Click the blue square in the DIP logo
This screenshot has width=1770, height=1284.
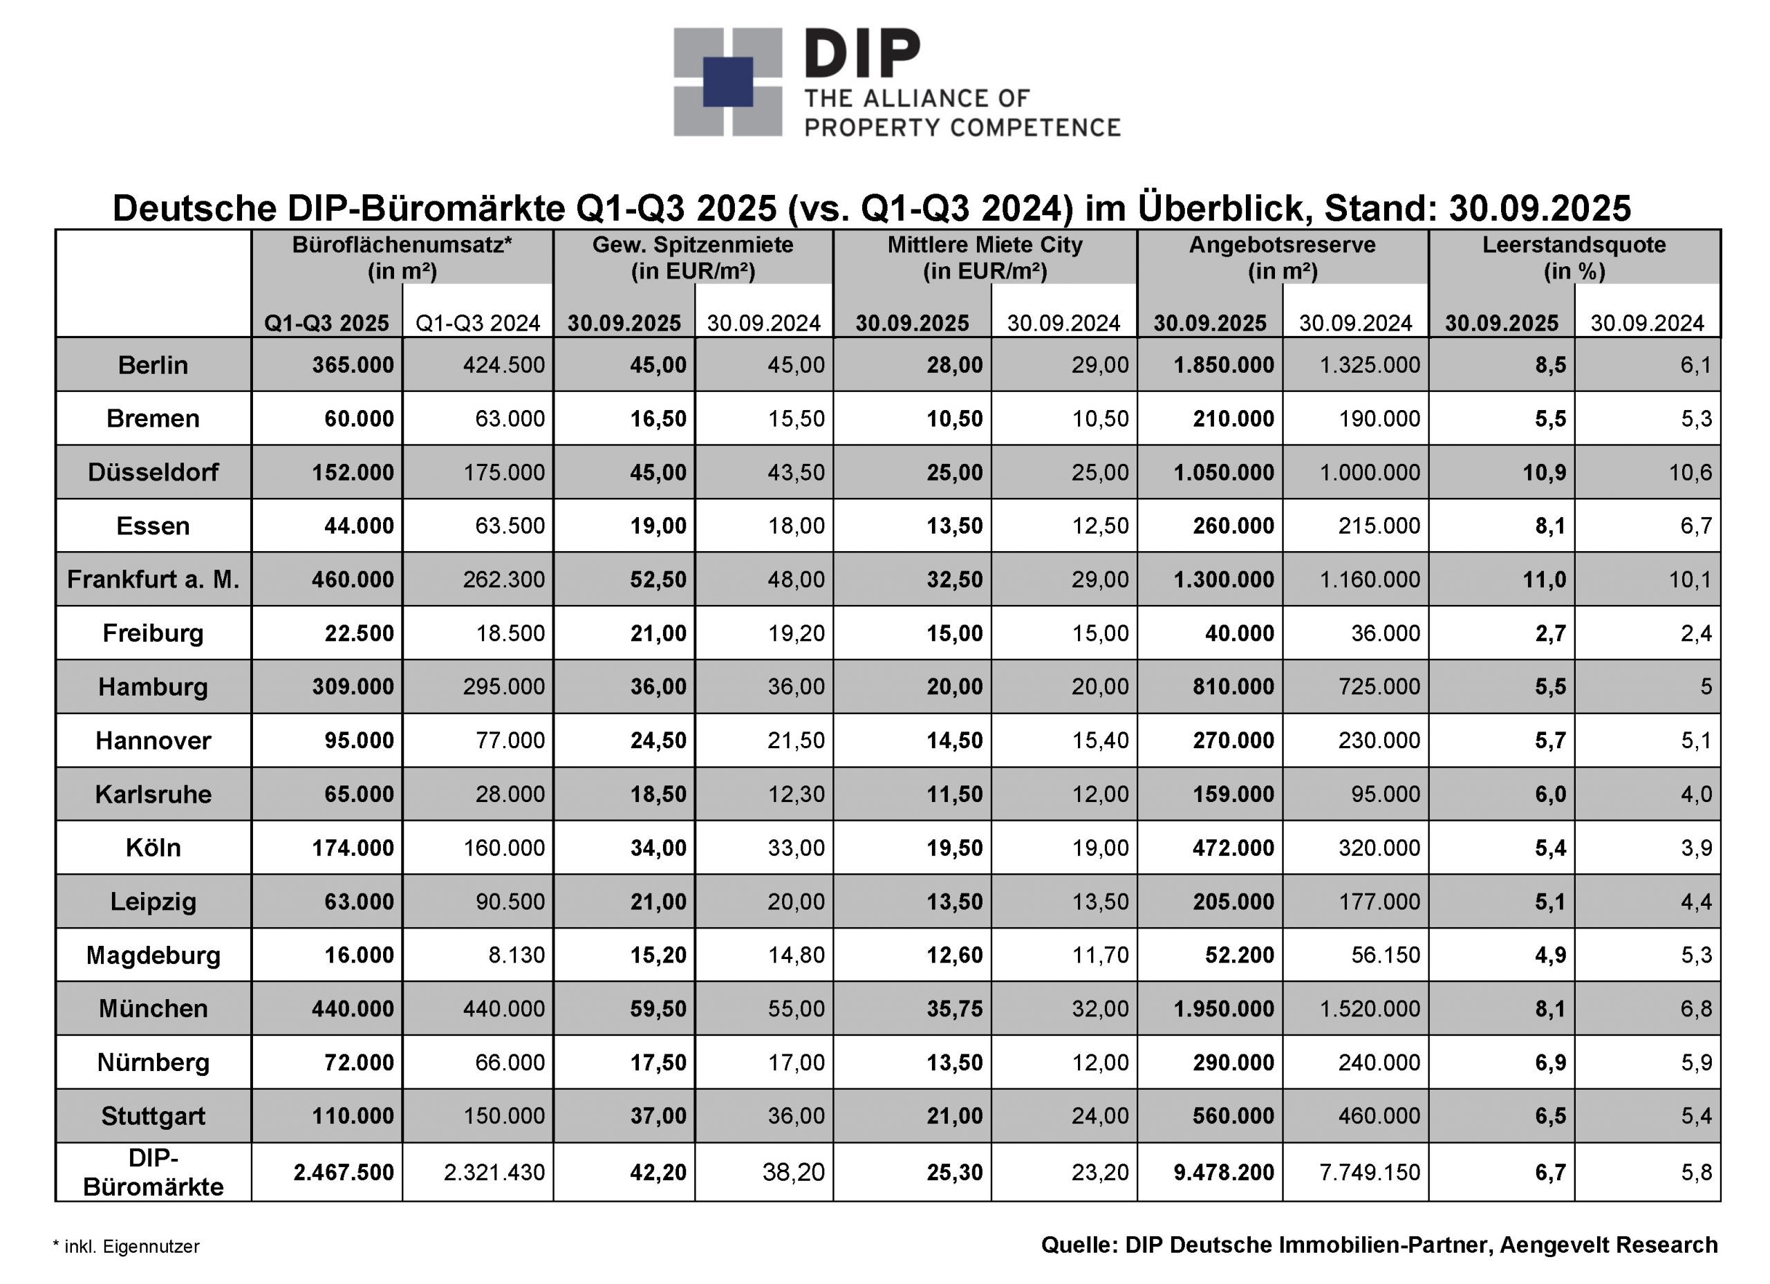727,81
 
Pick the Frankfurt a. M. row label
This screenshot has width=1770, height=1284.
153,579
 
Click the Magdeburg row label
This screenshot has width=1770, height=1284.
153,955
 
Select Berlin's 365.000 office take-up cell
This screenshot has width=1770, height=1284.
353,364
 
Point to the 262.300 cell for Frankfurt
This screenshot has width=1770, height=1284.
503,579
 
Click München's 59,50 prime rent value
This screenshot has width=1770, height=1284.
658,1009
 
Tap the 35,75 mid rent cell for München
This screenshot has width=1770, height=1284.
953,1009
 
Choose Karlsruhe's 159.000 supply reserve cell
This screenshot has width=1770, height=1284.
1233,794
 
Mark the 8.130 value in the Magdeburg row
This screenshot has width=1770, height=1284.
516,955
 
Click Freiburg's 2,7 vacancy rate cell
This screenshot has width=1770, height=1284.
1550,633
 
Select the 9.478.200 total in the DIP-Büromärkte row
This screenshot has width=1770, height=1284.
1223,1171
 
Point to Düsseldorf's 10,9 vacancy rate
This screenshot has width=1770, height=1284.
1544,472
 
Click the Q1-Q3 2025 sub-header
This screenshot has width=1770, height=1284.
326,323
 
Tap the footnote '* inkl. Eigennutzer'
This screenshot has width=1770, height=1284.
127,1247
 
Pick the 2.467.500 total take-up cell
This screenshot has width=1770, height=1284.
344,1171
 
